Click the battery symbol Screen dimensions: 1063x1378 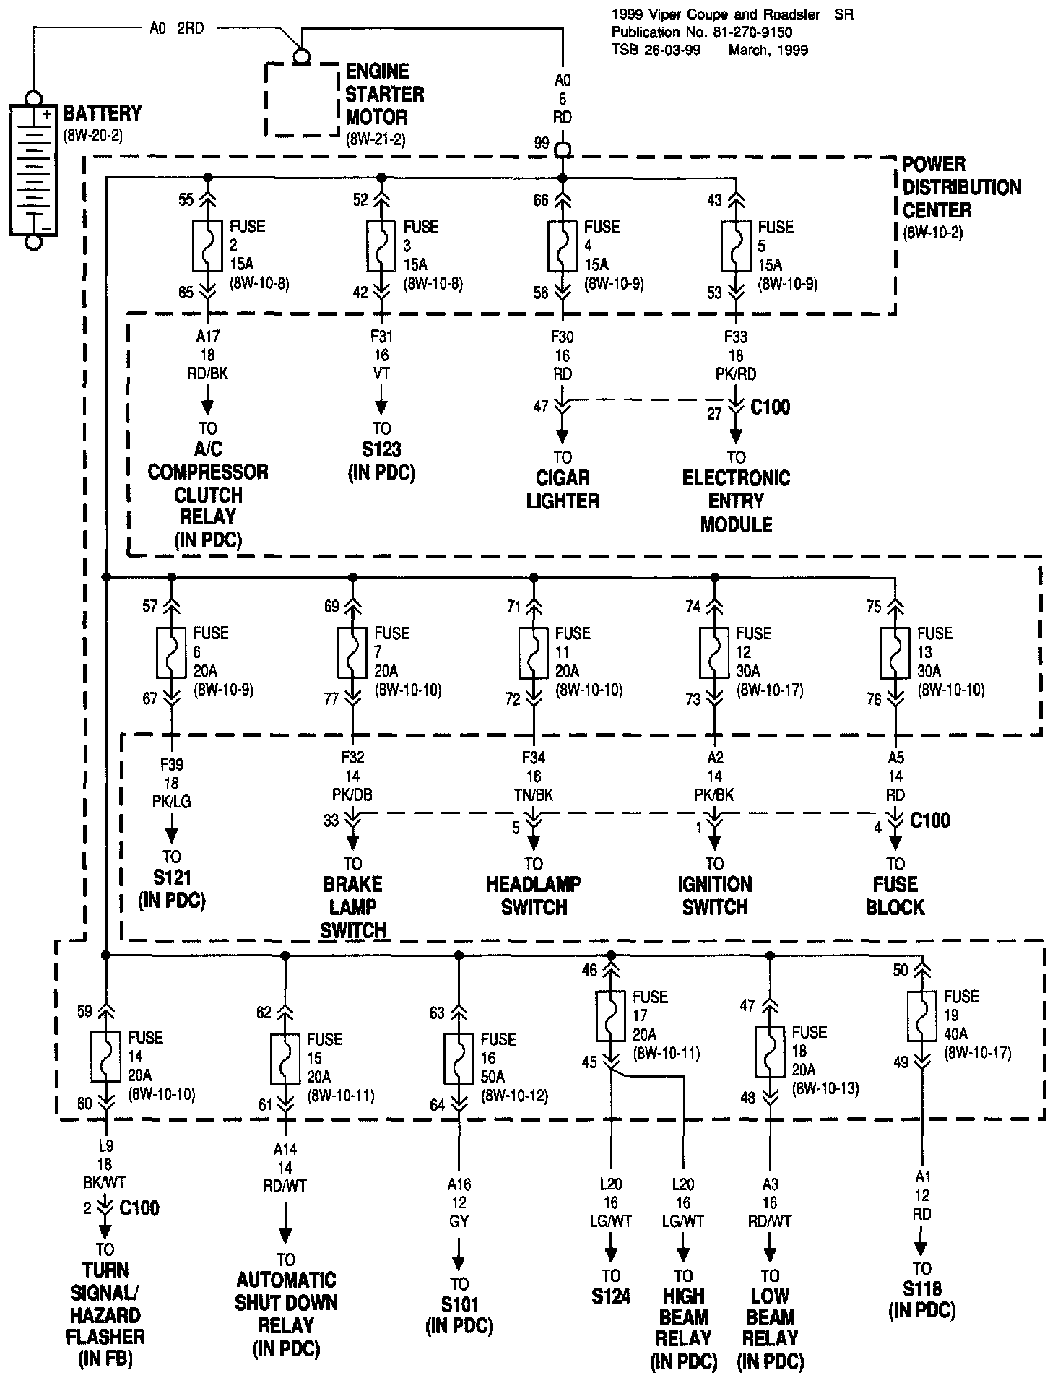click(32, 170)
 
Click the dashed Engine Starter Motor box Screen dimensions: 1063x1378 click(302, 100)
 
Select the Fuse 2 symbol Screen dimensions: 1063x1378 click(207, 245)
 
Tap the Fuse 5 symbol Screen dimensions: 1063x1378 click(736, 245)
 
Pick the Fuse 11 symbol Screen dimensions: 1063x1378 click(533, 651)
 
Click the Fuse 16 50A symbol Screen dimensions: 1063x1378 click(459, 1058)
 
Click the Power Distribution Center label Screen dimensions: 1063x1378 click(961, 188)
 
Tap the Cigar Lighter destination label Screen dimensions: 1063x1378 click(563, 489)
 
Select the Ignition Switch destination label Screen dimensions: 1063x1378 click(714, 896)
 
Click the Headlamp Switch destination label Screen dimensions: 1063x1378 click(533, 896)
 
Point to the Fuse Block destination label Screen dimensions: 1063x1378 click(895, 896)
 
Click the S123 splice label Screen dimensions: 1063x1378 click(381, 449)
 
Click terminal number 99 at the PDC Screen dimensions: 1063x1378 click(542, 144)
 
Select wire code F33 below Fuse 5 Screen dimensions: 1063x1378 click(736, 337)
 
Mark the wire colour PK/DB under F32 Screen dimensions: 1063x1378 click(352, 794)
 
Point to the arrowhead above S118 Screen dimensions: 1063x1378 click(921, 1249)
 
